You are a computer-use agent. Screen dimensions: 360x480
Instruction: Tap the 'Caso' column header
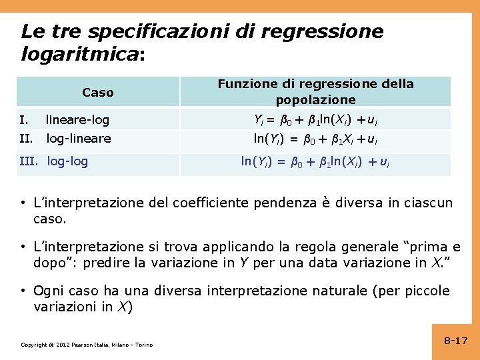tap(98, 93)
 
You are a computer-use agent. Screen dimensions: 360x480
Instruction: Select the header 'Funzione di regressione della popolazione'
tap(315, 92)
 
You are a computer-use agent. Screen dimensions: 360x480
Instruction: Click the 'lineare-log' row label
tap(77, 121)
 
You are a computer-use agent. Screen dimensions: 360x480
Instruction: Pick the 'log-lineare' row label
tap(78, 139)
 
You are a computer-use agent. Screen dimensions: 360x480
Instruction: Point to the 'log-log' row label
tap(68, 161)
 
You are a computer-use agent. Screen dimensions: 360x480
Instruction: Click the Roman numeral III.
tap(30, 161)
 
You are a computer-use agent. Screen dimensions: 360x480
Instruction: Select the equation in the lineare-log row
tap(315, 120)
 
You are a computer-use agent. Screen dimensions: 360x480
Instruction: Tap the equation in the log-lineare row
tap(315, 139)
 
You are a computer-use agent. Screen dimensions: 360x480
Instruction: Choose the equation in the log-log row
tap(315, 161)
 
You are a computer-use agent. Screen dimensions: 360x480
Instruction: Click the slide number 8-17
tap(456, 341)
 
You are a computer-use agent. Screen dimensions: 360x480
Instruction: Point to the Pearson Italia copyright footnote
tap(87, 345)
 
